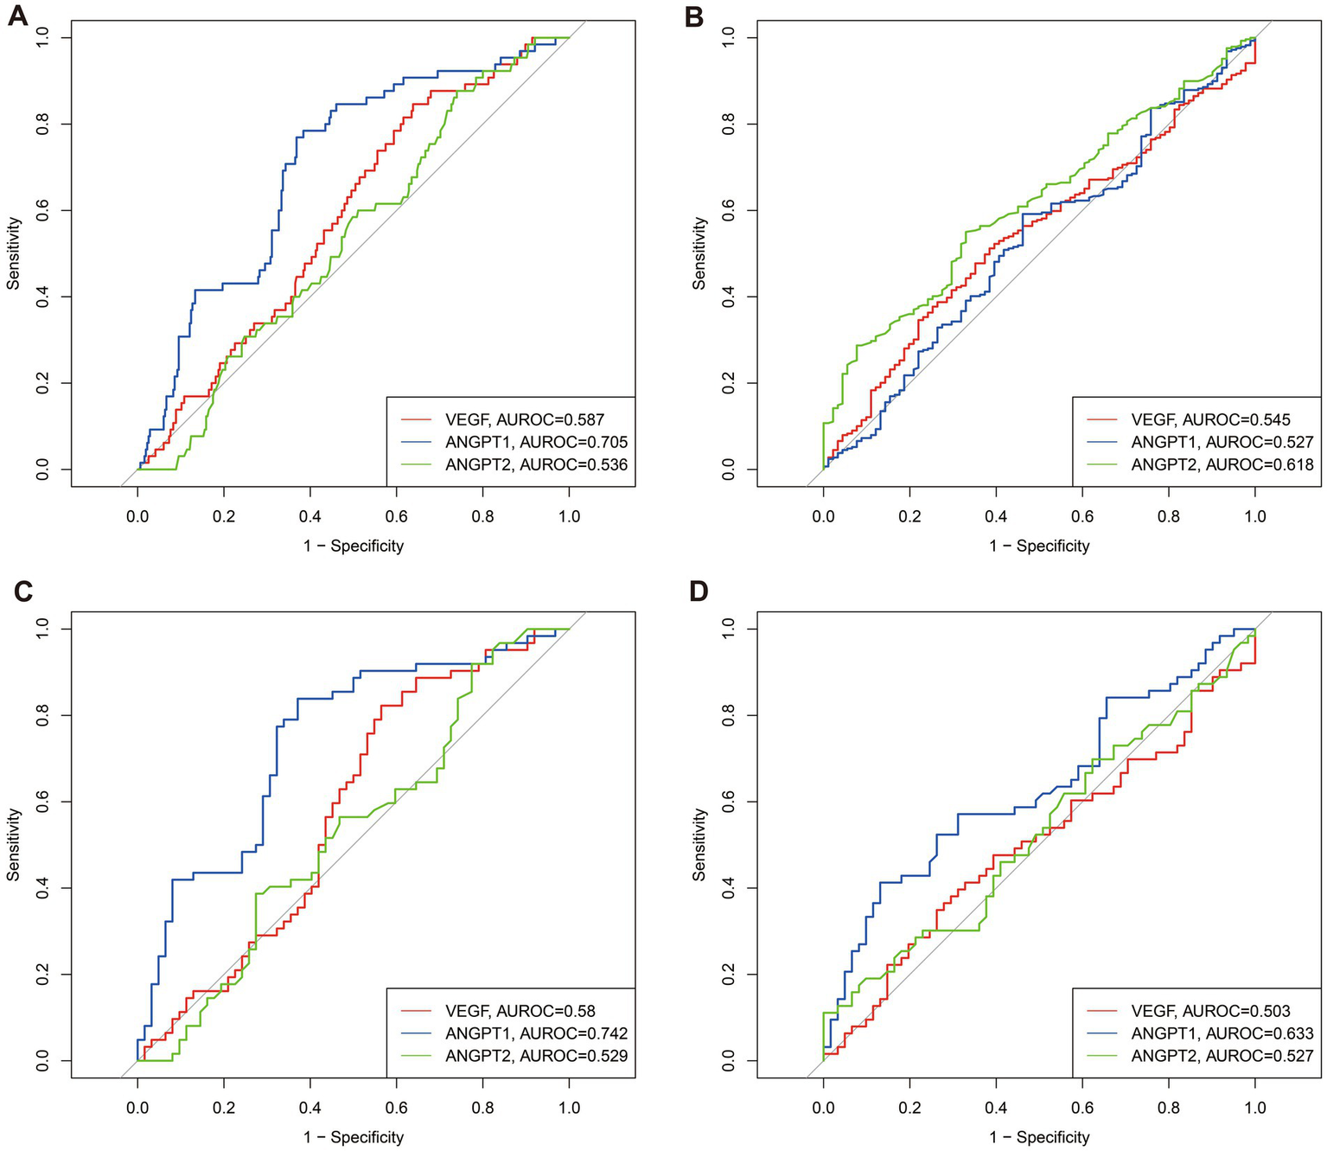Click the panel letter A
point(17,16)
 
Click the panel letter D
point(697,591)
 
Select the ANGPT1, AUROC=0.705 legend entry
point(536,442)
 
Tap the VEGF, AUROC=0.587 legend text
point(524,420)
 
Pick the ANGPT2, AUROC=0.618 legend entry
point(1222,464)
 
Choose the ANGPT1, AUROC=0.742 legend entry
point(536,1033)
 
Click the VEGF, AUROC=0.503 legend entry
point(1210,1011)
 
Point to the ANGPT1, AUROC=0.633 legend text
point(1222,1033)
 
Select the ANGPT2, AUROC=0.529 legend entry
point(536,1056)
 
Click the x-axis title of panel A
point(354,546)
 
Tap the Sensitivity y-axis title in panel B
point(699,253)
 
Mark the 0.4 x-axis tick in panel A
point(310,516)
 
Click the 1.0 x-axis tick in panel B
point(1254,516)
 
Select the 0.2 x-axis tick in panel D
point(909,1108)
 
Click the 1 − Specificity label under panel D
point(1039,1137)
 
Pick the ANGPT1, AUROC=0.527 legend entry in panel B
point(1222,442)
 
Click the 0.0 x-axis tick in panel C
point(137,1108)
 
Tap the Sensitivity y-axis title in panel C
point(13,845)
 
